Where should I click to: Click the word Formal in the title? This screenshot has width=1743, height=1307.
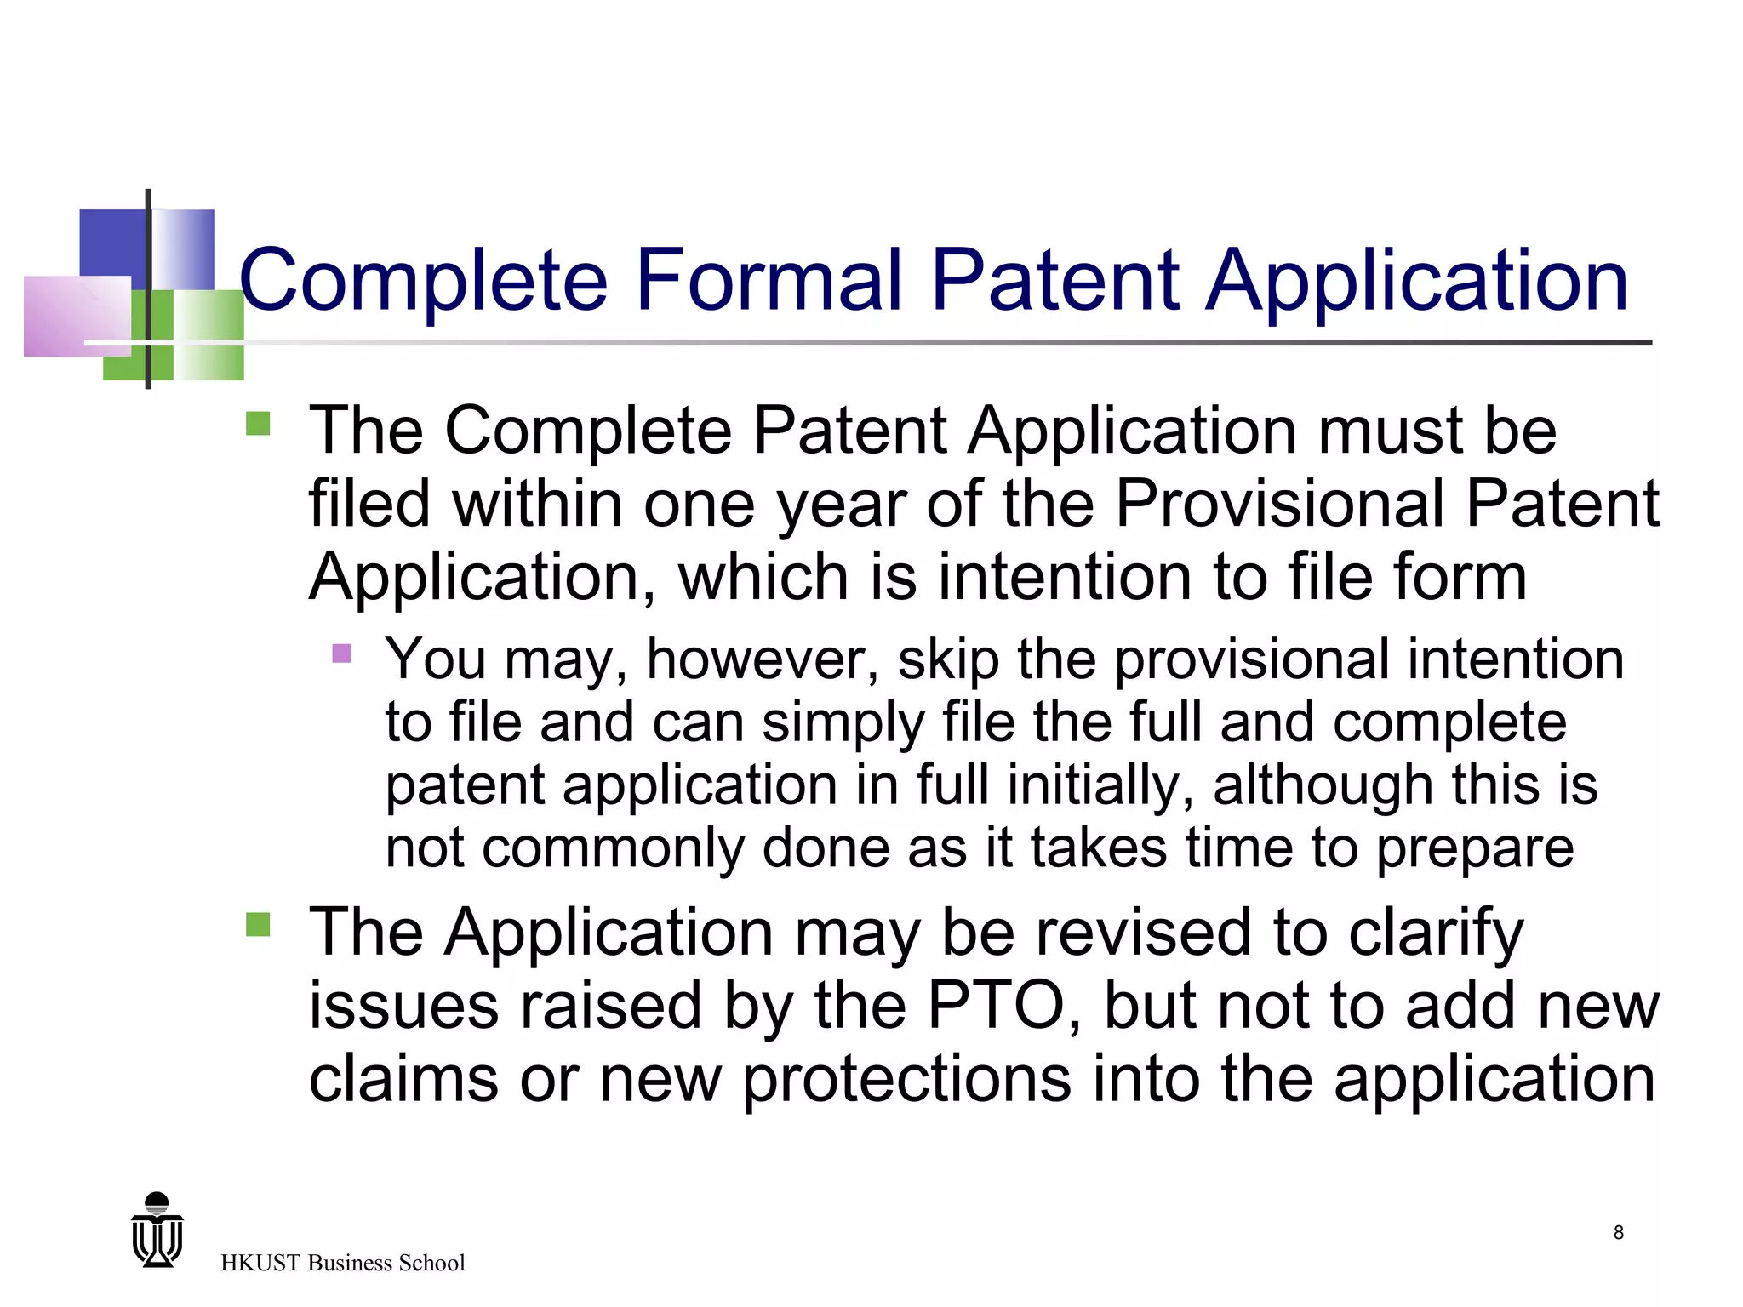769,279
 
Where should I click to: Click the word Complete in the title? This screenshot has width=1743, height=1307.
424,281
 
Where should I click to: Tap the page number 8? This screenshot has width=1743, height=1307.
1618,1232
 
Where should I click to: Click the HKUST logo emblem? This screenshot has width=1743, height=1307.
157,1230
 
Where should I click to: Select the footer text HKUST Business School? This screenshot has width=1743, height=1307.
342,1263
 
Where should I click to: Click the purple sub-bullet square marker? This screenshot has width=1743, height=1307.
342,653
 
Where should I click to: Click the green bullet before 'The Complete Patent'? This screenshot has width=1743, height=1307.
258,424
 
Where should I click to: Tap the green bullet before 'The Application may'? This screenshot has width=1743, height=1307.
258,924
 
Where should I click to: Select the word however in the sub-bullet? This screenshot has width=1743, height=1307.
763,659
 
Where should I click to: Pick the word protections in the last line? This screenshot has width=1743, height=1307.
906,1081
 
